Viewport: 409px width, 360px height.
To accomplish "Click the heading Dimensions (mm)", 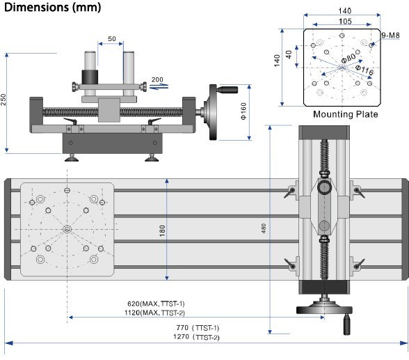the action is (x=53, y=7).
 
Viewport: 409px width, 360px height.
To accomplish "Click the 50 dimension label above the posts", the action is (x=112, y=38).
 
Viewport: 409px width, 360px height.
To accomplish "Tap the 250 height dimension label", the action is (x=3, y=100).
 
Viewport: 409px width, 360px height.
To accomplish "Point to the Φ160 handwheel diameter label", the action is (x=243, y=111).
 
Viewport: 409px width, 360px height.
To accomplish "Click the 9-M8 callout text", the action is (x=390, y=36).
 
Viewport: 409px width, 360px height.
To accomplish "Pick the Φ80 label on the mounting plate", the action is (x=348, y=58).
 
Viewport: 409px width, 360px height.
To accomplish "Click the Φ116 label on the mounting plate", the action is (x=364, y=70).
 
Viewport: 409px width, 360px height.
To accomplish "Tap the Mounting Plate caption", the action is (x=345, y=114).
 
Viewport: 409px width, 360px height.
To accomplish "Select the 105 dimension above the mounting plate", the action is (x=345, y=21).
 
